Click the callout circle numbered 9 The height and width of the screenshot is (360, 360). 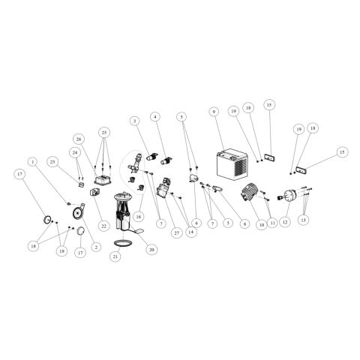pos(214,112)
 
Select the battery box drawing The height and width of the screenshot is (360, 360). pos(232,163)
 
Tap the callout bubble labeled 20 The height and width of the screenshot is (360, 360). pos(151,249)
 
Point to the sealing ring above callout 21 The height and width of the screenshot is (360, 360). pos(123,243)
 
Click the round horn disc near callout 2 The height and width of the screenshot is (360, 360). pos(78,213)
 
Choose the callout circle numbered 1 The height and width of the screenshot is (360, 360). pos(32,162)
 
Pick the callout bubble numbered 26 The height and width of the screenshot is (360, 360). pos(79,139)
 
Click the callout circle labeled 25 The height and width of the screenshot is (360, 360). pos(104,132)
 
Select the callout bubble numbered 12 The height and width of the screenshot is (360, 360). pos(285,221)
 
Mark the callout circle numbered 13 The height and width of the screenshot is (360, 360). pos(303,220)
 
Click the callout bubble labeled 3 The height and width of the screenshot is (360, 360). pos(135,121)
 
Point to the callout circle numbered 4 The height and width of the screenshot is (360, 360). pos(155,117)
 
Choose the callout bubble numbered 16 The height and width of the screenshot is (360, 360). pos(139,217)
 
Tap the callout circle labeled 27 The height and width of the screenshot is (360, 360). pos(177,232)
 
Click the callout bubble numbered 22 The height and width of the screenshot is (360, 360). pos(103,226)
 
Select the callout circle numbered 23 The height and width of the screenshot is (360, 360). pos(52,162)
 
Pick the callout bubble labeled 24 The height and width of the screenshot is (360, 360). pos(75,153)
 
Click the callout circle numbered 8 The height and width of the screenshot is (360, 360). pos(244,224)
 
